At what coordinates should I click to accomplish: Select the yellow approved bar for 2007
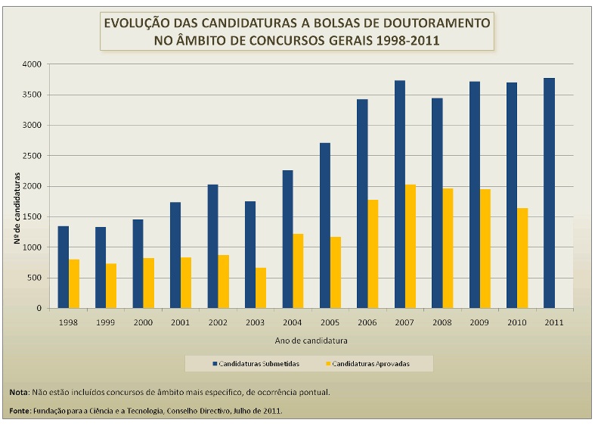coord(410,246)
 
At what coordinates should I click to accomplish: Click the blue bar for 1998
coord(64,267)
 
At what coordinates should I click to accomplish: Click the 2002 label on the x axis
coord(217,322)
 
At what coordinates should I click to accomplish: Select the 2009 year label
coord(479,322)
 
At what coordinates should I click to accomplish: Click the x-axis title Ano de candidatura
coord(307,339)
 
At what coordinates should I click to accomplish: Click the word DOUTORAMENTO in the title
coord(434,23)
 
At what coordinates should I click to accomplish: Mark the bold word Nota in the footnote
coord(18,393)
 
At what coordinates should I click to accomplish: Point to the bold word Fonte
coord(20,411)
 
